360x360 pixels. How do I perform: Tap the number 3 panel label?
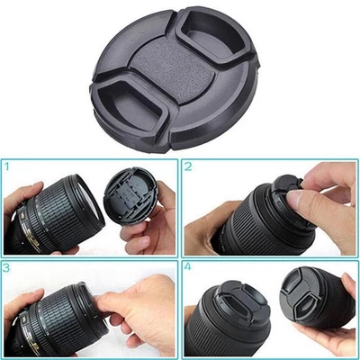(8, 268)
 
